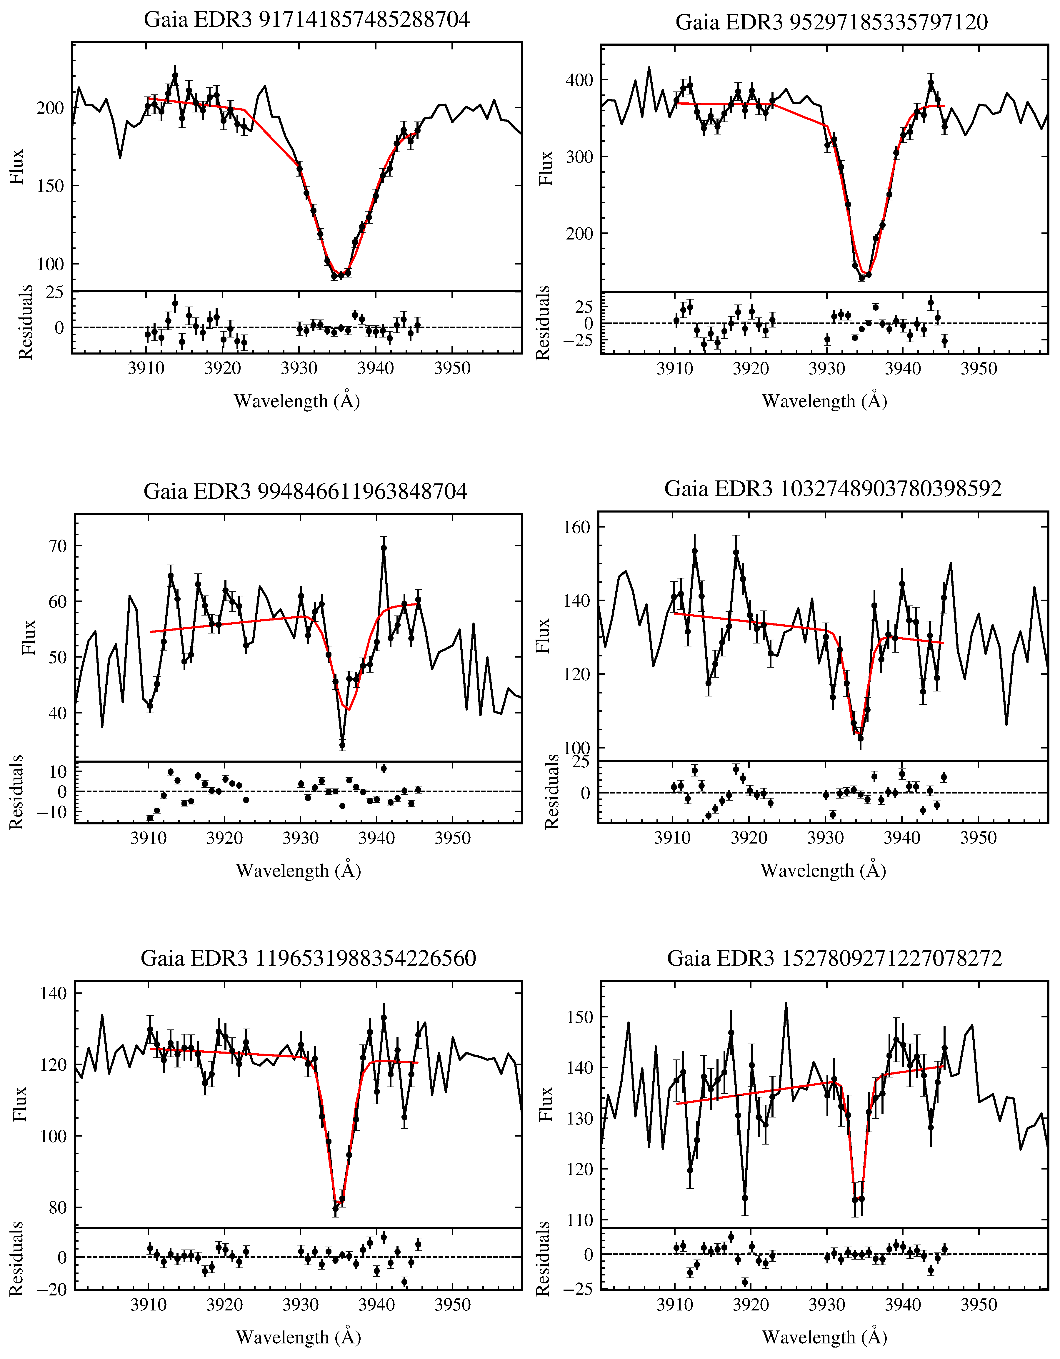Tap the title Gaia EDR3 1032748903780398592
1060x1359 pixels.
tap(833, 489)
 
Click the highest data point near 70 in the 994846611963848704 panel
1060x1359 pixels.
tap(384, 548)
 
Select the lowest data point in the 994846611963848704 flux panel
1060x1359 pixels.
tap(342, 745)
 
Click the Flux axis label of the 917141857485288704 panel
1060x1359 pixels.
tap(17, 167)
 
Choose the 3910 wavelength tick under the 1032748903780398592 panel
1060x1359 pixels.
tap(672, 838)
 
